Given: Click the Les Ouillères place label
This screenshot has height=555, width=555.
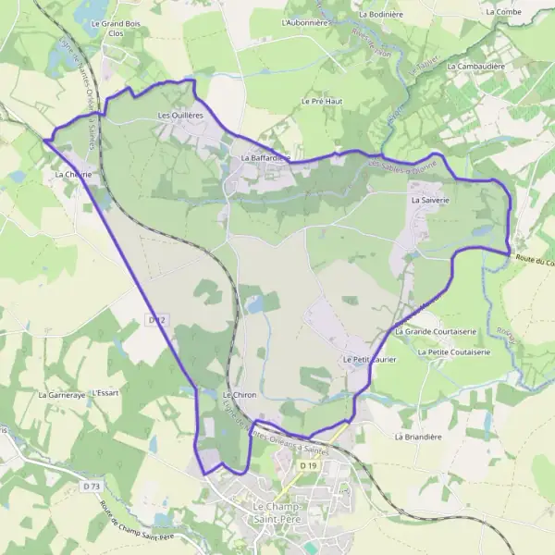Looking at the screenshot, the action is pos(181,116).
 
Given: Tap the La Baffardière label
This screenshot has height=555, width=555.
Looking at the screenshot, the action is pos(265,158).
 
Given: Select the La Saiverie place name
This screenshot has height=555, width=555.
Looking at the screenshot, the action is pos(429,199).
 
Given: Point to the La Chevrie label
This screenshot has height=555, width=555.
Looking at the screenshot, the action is pos(72,174).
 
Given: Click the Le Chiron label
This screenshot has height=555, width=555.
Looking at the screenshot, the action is pos(240,395).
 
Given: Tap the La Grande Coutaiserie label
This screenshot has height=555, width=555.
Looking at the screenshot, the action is pos(435,330).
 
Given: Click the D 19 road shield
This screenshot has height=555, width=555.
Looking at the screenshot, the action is pos(308,466).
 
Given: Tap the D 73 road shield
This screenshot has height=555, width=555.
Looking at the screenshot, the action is pos(91,487).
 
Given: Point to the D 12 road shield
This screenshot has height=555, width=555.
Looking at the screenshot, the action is pos(156,319).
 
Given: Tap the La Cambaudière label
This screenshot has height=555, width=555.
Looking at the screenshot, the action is pos(475,67).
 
